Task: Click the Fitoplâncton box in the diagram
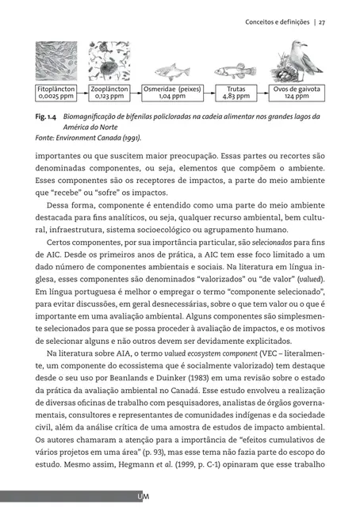(56, 94)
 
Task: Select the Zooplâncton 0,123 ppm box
(109, 94)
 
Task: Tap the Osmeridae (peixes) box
(171, 94)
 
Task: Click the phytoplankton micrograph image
(56, 62)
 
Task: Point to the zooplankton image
(109, 62)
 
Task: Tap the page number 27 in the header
(323, 22)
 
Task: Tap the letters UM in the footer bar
(144, 497)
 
